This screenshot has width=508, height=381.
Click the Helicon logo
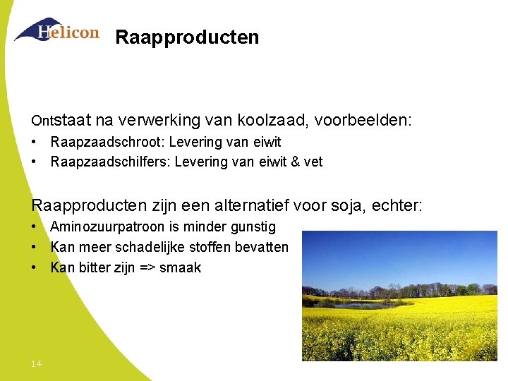56,30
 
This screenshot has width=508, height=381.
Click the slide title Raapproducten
187,37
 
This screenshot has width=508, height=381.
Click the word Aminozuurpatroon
106,227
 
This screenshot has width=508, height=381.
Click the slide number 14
36,363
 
